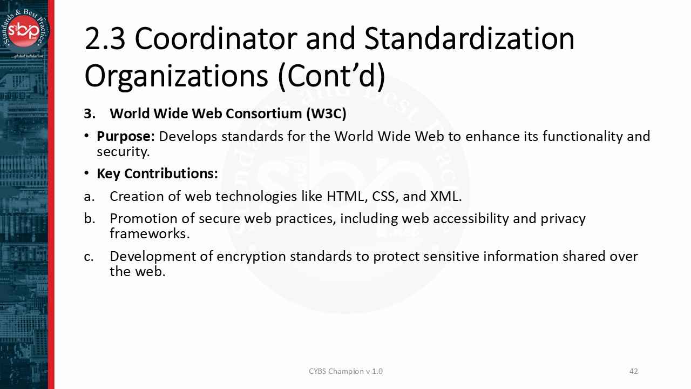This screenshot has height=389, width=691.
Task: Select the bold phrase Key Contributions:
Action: [x=157, y=173]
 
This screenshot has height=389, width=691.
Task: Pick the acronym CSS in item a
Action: [x=383, y=196]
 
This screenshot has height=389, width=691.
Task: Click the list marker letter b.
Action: [x=89, y=218]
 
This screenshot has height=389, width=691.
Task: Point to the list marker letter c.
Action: [x=89, y=256]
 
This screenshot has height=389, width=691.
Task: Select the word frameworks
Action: [x=150, y=233]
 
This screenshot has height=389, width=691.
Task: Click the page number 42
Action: [x=634, y=371]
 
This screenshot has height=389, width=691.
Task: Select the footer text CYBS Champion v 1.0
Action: [x=345, y=371]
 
